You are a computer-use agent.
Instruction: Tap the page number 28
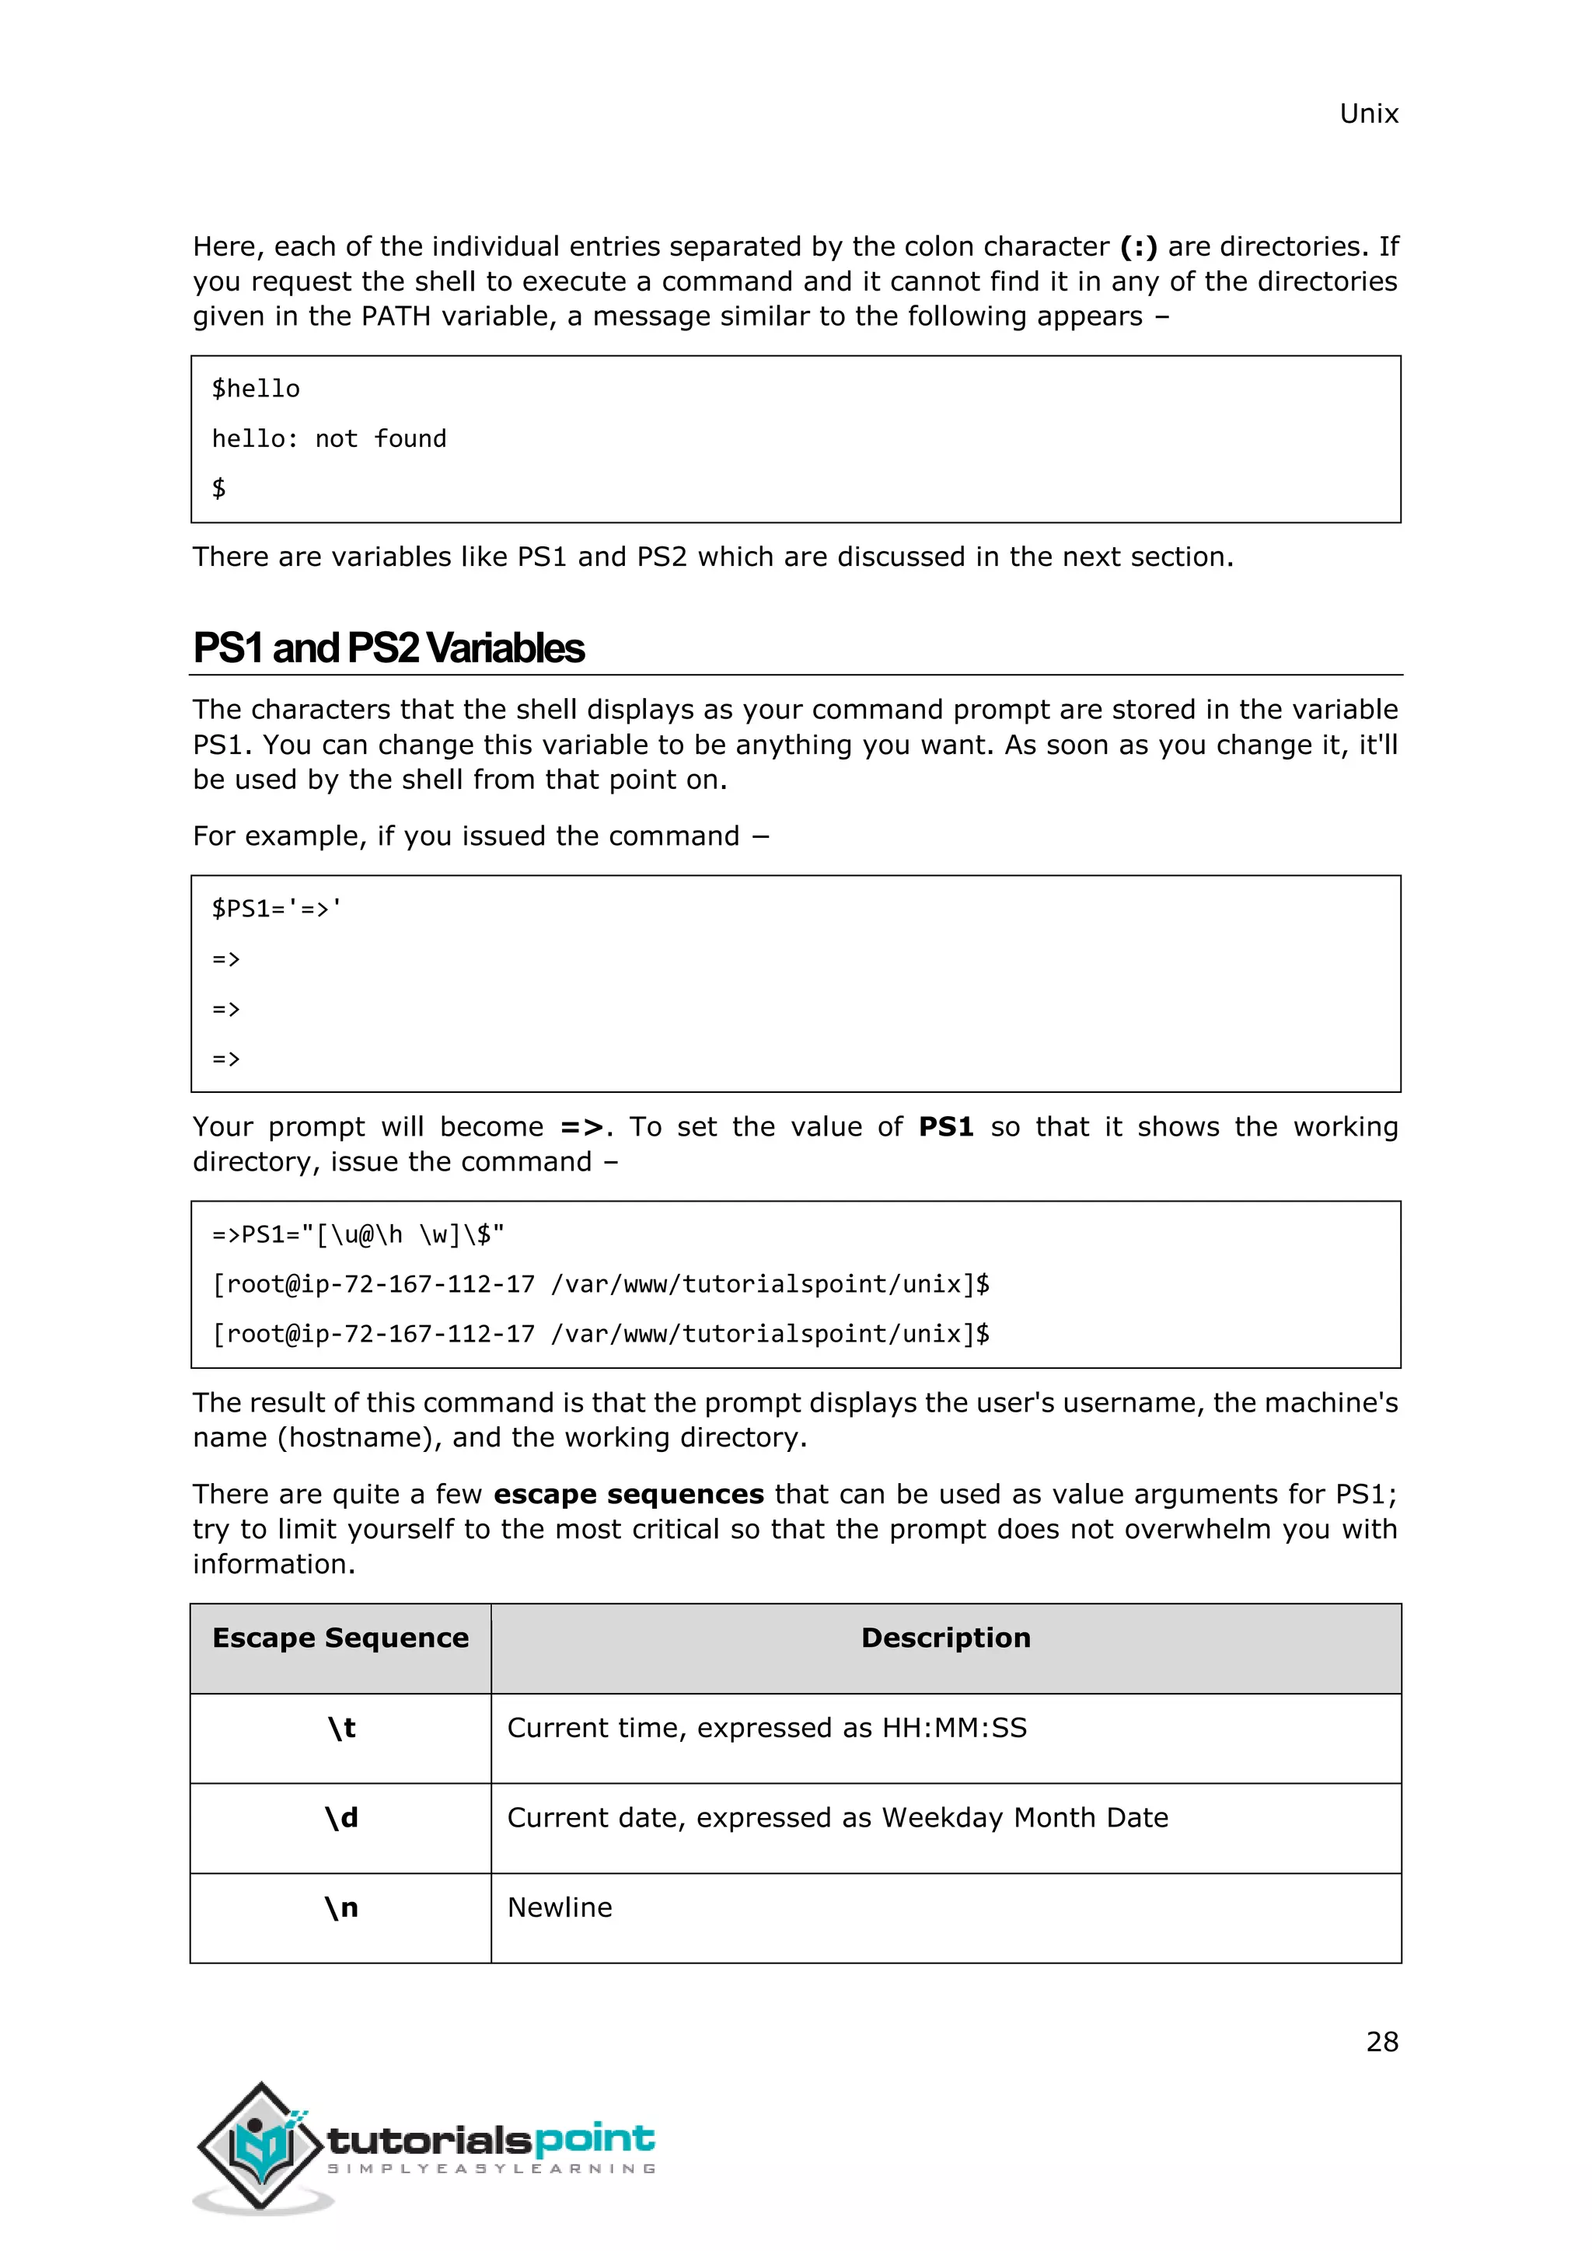1381,2041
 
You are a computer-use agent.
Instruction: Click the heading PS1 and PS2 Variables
388,648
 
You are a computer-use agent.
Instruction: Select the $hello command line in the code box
256,389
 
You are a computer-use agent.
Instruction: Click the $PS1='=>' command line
278,909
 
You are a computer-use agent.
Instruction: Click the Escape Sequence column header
340,1639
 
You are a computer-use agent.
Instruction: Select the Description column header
945,1639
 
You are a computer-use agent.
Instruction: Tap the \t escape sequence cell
341,1729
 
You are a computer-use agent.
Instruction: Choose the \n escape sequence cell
341,1908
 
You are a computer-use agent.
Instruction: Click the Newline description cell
559,1908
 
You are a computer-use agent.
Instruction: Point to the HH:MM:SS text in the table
954,1729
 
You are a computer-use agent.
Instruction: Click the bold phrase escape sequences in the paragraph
628,1494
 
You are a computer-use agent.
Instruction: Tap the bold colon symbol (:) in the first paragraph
1138,246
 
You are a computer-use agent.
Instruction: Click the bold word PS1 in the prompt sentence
945,1128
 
